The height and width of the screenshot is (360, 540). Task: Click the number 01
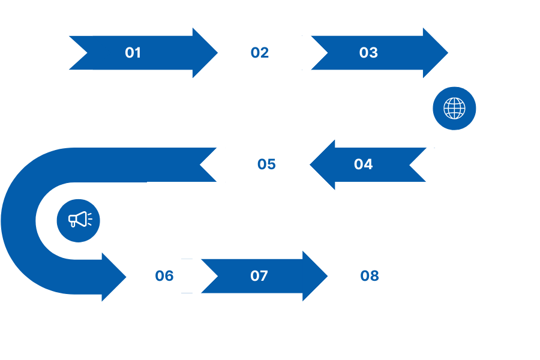133,53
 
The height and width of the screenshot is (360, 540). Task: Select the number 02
260,53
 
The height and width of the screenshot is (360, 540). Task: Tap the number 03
368,53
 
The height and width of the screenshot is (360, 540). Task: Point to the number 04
364,164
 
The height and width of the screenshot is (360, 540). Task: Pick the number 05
266,164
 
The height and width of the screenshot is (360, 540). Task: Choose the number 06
164,276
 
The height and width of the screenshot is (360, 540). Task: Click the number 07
259,276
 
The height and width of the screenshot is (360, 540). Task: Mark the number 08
370,276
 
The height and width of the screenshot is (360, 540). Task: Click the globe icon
454,108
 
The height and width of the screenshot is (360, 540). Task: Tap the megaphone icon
80,220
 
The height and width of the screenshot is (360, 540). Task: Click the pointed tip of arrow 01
218,53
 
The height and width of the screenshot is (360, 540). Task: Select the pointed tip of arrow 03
448,53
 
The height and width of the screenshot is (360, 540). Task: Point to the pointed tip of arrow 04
310,164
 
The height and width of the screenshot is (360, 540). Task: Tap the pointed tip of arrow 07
328,276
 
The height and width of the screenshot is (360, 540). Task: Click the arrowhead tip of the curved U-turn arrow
127,277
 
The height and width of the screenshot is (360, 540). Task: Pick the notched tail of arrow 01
87,53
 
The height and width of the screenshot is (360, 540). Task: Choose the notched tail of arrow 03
328,53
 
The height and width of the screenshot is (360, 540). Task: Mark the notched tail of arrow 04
409,164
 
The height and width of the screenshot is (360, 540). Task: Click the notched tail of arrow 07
218,276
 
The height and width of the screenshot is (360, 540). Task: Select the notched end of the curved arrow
200,164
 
